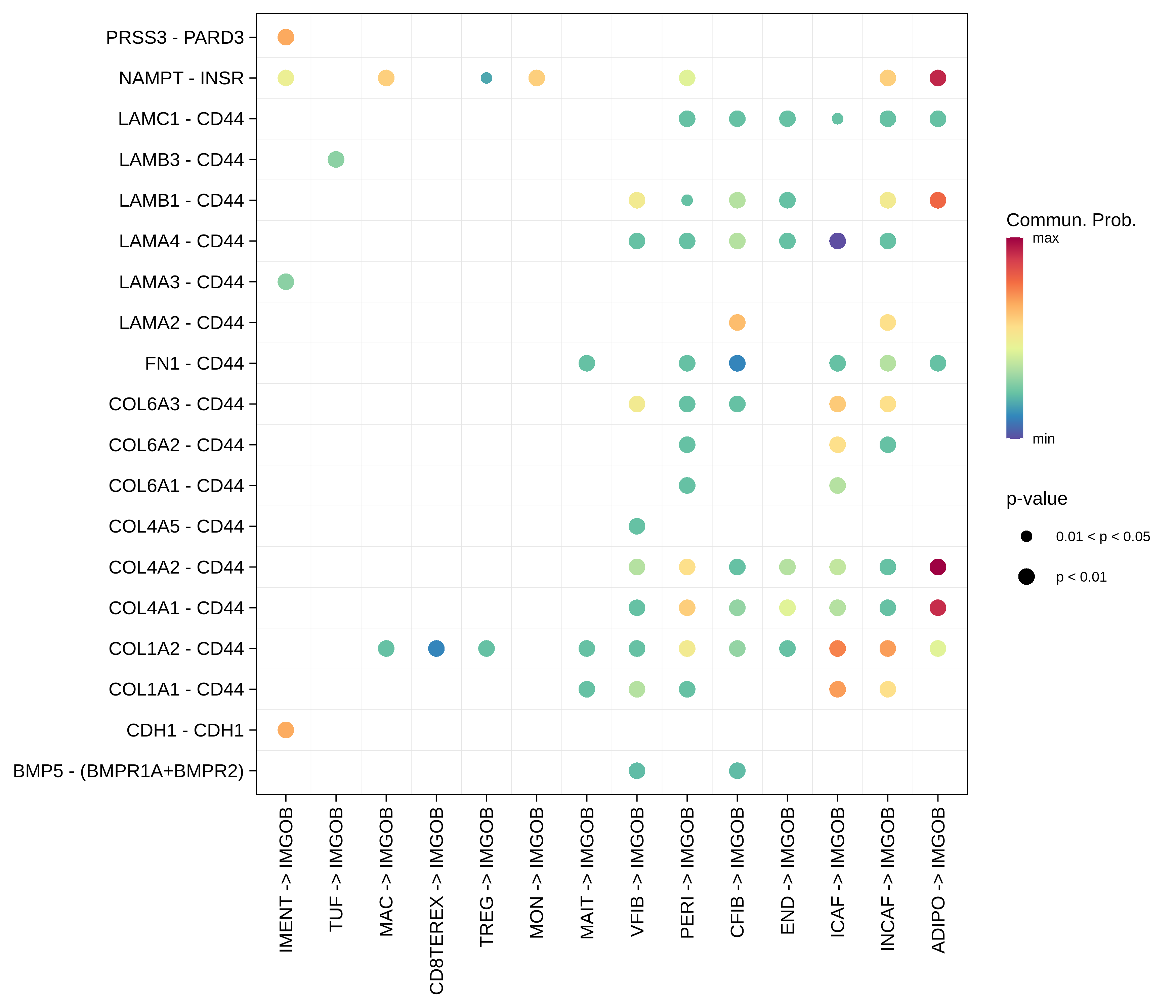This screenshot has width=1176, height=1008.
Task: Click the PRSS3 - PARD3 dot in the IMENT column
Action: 286,37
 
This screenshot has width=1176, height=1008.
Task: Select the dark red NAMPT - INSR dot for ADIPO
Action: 938,78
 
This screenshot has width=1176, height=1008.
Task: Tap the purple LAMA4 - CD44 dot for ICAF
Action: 837,241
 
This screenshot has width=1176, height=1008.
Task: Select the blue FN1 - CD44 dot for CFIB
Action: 737,363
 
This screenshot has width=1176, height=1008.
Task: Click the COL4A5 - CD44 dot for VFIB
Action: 637,526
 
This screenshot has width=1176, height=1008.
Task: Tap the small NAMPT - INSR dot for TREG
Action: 487,78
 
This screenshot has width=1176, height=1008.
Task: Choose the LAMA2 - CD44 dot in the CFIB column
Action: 737,322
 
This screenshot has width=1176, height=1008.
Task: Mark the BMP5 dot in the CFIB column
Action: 737,771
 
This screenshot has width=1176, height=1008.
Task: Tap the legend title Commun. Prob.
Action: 1071,220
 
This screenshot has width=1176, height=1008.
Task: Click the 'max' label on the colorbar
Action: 1045,238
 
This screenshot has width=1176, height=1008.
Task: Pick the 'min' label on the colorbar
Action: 1043,439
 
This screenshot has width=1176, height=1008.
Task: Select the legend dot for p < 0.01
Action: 1026,577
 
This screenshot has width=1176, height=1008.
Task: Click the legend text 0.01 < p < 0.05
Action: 1103,537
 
